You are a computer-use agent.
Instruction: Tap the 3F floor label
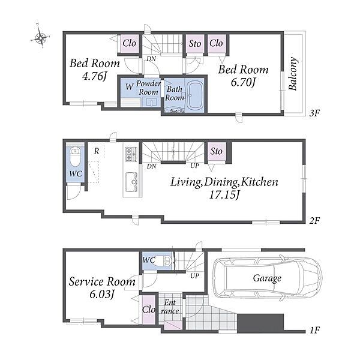pos(314,113)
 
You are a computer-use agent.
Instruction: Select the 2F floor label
pos(314,221)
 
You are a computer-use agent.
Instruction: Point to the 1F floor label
pos(315,331)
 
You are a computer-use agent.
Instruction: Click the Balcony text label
pos(293,73)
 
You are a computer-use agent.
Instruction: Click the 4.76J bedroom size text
pos(95,76)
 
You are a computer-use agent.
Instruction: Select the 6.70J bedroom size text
pos(243,82)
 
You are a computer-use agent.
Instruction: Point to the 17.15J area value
pos(224,195)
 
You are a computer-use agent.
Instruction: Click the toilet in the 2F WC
pos(75,157)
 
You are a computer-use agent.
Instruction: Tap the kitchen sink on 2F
pos(131,182)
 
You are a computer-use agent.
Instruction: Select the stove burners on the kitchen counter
pos(131,154)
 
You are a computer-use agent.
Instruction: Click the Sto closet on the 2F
pos(216,152)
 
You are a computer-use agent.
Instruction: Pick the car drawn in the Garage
pos(267,278)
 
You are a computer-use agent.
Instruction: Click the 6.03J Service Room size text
pos(102,295)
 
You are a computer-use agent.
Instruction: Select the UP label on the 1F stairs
pos(194,276)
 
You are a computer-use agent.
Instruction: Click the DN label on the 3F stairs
pos(151,59)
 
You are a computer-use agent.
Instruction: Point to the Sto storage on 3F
pos(194,44)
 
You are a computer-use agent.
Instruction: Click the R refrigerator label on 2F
pos(97,151)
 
